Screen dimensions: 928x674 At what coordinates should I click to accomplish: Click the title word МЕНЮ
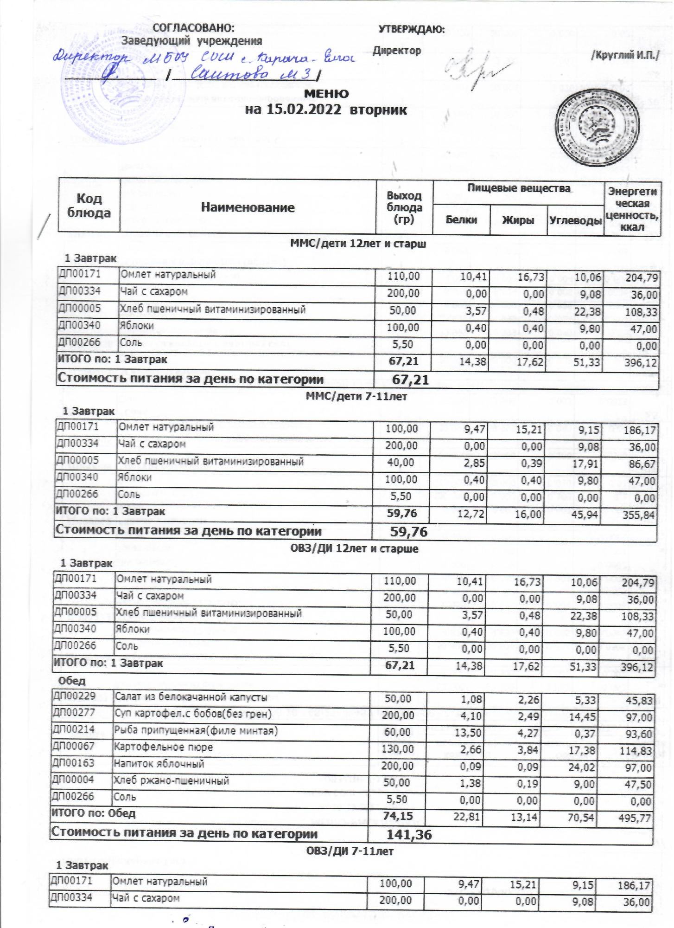point(326,93)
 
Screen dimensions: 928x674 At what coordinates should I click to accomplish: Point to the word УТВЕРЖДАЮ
point(412,30)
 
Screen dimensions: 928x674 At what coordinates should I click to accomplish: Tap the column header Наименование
point(248,207)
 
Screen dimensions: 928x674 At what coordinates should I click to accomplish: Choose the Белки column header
point(461,220)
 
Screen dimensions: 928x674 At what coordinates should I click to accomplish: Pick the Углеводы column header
point(575,220)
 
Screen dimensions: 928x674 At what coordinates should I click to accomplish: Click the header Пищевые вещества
point(518,188)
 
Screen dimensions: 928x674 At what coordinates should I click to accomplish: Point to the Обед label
point(72,681)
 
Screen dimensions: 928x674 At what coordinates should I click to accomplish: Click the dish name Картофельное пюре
point(164,748)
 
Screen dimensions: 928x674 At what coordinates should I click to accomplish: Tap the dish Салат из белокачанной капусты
point(191,697)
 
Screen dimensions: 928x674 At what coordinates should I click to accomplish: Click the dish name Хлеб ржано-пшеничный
point(172,781)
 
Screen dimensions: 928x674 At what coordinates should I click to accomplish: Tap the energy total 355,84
point(639,515)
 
